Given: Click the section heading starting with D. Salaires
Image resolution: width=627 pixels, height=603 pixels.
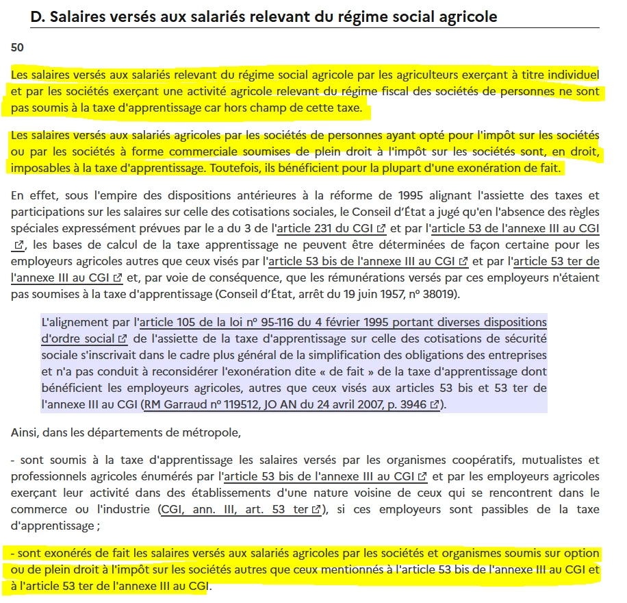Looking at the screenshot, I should tap(264, 16).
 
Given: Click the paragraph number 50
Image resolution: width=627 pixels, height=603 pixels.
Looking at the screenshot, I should tap(18, 47).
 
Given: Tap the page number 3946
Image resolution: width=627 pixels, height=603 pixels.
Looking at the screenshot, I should tap(412, 404).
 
